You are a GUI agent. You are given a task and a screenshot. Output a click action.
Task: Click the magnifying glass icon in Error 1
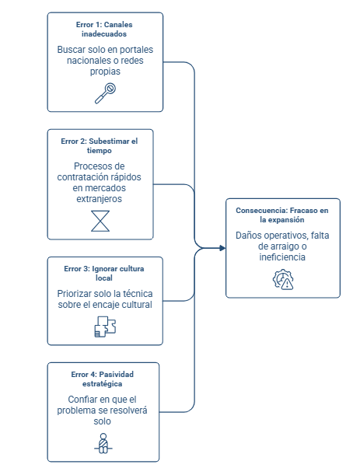point(105,93)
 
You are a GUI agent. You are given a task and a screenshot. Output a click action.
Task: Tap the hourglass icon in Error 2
point(100,221)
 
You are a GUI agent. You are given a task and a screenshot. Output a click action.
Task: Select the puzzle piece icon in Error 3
point(105,327)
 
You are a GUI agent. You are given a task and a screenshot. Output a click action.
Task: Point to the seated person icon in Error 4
point(103,443)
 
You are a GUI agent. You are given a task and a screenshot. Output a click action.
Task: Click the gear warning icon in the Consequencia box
point(283,279)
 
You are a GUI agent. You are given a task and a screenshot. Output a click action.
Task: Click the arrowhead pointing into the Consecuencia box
point(222,248)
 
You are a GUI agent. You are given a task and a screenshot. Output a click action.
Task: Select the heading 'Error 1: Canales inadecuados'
point(104,30)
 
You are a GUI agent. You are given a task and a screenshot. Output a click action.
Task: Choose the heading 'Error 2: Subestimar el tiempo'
point(100,145)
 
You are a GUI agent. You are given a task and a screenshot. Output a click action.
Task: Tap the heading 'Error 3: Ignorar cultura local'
point(104,273)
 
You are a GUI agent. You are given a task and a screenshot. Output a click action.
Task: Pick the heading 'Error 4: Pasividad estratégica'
point(103,379)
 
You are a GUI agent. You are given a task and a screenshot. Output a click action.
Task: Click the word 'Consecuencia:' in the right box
point(262,211)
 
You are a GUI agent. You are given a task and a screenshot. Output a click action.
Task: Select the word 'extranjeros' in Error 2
point(100,199)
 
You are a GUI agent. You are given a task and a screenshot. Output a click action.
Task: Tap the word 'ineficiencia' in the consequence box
point(282,257)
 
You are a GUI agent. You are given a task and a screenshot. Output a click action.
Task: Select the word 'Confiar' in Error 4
point(81,400)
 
